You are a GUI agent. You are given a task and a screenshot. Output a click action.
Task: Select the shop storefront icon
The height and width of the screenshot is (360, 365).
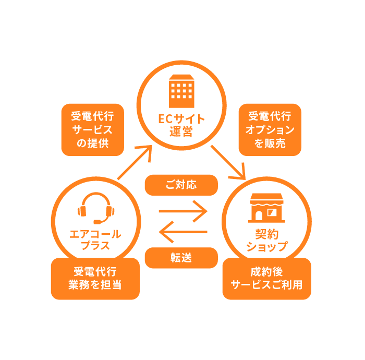pyautogui.click(x=266, y=208)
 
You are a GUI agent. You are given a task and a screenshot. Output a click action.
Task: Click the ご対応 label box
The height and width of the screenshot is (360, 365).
pyautogui.click(x=181, y=185)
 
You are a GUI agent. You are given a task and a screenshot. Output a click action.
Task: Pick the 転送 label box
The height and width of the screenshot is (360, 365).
pyautogui.click(x=181, y=258)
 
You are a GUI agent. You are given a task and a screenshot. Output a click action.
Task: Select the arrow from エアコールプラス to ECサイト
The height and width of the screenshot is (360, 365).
pyautogui.click(x=135, y=163)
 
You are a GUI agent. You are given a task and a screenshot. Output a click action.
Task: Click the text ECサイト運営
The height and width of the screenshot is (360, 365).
pyautogui.click(x=181, y=125)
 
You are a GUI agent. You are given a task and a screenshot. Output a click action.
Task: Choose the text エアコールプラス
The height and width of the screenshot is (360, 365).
pyautogui.click(x=95, y=240)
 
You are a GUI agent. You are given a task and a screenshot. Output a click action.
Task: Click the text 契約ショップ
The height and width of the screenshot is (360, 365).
pyautogui.click(x=266, y=241)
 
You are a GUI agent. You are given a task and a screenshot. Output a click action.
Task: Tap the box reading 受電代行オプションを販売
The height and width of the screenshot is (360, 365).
pyautogui.click(x=270, y=130)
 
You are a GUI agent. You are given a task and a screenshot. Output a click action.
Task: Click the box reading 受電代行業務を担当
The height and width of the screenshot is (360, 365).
pyautogui.click(x=95, y=279)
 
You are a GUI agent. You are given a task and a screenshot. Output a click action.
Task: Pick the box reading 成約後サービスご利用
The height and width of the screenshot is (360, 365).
pyautogui.click(x=266, y=279)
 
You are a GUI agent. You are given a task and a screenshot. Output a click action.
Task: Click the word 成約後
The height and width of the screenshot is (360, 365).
pyautogui.click(x=266, y=272)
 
